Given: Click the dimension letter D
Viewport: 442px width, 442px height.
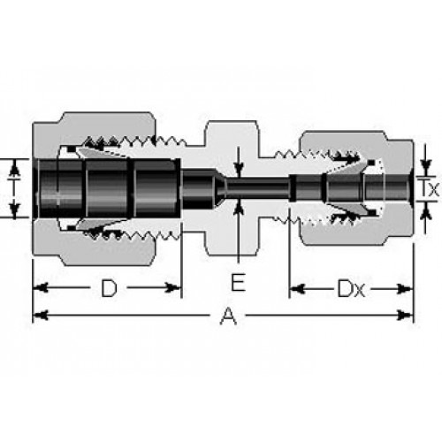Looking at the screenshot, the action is [x=109, y=288].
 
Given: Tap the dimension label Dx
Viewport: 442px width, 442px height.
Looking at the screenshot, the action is [x=351, y=288].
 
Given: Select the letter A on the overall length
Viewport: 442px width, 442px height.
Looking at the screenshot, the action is [x=228, y=316].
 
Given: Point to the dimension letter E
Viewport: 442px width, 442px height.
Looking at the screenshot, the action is [x=238, y=282].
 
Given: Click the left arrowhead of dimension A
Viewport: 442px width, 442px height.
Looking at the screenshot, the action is [x=40, y=316].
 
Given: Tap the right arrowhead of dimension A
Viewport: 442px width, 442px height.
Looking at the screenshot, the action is [x=405, y=316].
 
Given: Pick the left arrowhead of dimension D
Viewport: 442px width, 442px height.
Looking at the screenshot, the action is [x=40, y=287].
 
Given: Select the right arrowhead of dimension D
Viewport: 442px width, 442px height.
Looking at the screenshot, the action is [x=172, y=287].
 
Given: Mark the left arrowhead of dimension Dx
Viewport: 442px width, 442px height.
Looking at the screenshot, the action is [x=297, y=289].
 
